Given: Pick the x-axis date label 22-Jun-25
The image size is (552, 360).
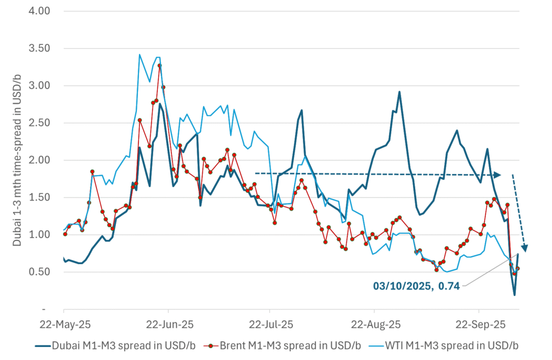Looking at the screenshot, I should tap(168, 325).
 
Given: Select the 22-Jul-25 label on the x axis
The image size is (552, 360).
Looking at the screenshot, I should tap(270, 325).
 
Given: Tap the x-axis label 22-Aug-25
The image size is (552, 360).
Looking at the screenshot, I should tap(374, 325).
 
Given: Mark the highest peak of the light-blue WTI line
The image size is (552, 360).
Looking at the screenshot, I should tap(140, 54).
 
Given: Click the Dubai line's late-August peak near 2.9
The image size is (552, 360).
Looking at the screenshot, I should tap(399, 92).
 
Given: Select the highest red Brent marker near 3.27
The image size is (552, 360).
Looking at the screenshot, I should tap(160, 65).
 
